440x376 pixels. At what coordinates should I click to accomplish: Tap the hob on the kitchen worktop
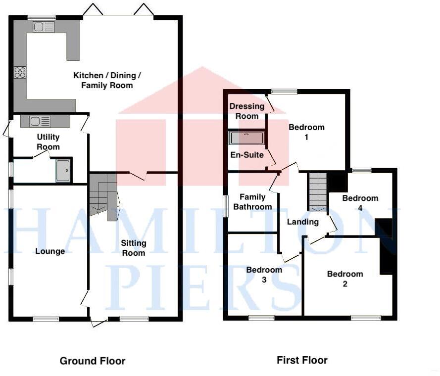20,72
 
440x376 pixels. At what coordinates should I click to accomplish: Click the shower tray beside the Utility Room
63,171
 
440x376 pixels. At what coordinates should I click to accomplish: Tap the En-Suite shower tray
246,138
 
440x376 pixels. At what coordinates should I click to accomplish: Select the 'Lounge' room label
50,251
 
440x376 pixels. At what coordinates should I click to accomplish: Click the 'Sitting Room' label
134,248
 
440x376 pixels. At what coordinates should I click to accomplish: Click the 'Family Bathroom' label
252,201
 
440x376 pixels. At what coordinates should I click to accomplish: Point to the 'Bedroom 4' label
360,203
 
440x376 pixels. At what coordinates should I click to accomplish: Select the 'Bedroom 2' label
345,279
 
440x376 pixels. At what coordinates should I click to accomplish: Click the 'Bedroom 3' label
264,275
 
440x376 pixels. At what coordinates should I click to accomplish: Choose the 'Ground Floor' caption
93,361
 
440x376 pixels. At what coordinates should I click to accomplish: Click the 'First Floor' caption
302,360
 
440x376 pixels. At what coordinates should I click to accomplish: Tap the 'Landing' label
303,222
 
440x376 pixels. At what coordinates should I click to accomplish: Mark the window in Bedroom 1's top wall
284,92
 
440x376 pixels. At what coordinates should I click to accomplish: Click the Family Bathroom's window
226,205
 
